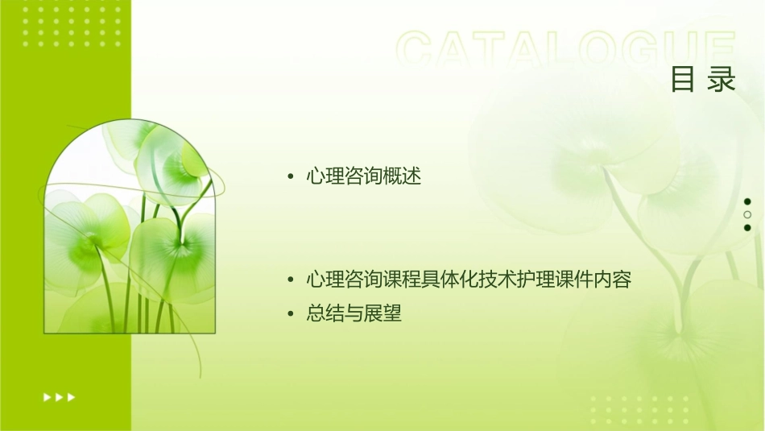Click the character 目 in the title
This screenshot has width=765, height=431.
[683, 81]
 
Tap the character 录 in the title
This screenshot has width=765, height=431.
[722, 81]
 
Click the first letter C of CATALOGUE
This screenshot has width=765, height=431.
[416, 50]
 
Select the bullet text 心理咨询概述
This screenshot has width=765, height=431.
[363, 176]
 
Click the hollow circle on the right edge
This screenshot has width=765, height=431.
[747, 214]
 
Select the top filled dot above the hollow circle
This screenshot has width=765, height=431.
[747, 201]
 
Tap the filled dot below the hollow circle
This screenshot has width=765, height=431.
[747, 227]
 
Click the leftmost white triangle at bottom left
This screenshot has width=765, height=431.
[47, 396]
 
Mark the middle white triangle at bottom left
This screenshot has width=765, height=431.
[59, 396]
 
